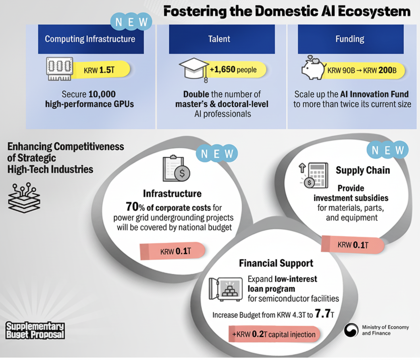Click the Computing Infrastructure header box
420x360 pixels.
[x=91, y=39]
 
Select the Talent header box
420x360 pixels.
[x=222, y=39]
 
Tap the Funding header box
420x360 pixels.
[x=351, y=39]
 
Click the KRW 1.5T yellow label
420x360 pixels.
[x=102, y=70]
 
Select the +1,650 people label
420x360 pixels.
[x=234, y=70]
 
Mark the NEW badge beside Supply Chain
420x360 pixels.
[x=389, y=150]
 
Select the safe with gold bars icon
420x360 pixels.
[x=225, y=289]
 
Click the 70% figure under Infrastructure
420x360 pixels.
[x=134, y=206]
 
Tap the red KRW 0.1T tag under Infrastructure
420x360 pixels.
[x=172, y=251]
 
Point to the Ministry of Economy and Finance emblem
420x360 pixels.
[x=351, y=330]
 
